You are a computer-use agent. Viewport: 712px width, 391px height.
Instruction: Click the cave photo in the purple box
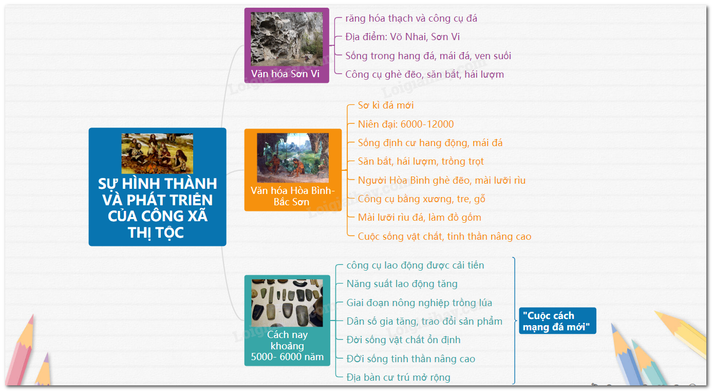coord(286,39)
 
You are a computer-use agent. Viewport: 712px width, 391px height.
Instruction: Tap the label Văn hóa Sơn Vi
coord(285,74)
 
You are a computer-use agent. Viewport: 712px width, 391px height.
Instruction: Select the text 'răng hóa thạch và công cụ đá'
coord(411,19)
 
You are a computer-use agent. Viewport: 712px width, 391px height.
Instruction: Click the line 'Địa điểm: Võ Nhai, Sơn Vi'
coord(402,37)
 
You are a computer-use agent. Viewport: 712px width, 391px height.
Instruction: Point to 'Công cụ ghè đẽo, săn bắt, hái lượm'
coord(425,75)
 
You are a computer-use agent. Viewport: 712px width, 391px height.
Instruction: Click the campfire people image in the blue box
coord(157,153)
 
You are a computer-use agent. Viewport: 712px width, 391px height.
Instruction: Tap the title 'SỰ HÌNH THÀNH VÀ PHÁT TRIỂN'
coord(157,192)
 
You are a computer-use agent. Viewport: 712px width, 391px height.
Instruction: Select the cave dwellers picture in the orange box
coord(293,157)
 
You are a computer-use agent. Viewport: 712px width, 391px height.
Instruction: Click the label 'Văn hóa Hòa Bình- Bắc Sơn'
coord(292,196)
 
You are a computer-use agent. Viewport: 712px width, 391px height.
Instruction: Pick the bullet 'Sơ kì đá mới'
coord(386,105)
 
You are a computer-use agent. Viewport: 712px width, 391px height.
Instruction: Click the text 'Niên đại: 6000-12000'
coord(406,124)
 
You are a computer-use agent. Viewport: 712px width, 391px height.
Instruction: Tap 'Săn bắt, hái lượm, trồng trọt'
coord(421,162)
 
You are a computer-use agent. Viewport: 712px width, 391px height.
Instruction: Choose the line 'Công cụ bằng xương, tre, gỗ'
coord(421,199)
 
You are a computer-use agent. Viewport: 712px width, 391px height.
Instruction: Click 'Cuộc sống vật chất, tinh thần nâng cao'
coord(444,237)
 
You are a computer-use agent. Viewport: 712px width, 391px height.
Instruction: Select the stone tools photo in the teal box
coord(287,303)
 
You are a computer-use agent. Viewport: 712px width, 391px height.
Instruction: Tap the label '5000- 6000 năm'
coord(287,357)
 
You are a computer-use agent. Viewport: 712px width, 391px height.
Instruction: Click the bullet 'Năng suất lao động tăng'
coord(402,284)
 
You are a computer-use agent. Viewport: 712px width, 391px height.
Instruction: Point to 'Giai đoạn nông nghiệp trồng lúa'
coord(419,303)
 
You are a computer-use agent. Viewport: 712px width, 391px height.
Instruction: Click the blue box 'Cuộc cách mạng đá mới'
coord(557,321)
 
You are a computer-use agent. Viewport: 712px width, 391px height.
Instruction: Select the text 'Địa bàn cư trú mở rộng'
coord(398,378)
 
